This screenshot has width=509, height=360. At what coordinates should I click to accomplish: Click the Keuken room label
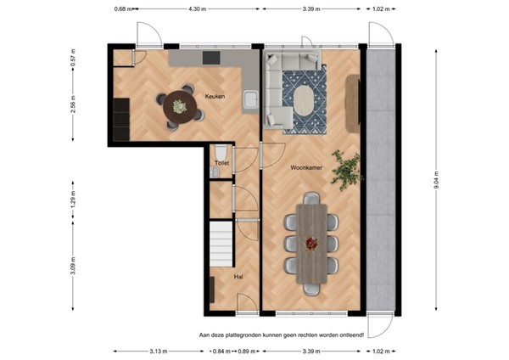pos(215,96)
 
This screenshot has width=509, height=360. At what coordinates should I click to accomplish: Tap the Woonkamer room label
pos(306,167)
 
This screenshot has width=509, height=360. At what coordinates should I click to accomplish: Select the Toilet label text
pos(222,163)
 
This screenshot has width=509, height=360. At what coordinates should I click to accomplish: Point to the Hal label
pos(238,277)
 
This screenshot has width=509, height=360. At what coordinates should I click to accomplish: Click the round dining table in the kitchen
pos(180,107)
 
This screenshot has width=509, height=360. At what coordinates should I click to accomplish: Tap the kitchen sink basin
pos(251,99)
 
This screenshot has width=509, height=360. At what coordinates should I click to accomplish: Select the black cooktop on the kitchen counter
pos(211,58)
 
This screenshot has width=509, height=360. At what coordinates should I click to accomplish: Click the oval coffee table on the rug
pos(305,100)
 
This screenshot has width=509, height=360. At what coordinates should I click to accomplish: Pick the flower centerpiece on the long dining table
pos(311,244)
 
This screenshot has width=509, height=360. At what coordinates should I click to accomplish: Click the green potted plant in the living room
pos(347,170)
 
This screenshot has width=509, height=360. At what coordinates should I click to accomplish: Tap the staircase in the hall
pos(221,244)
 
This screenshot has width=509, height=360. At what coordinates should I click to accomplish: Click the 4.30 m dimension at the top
pos(197,8)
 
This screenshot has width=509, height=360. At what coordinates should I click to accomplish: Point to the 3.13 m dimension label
pos(159,352)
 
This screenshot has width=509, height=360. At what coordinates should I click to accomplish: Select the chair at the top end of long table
pos(311,198)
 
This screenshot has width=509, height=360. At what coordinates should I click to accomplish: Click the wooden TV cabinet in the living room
pos(353,104)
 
